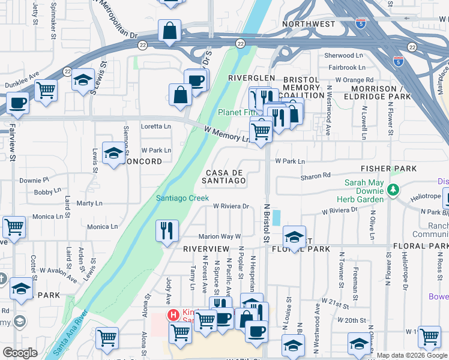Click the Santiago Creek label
[x=182, y=198]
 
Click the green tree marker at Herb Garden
[x=393, y=190]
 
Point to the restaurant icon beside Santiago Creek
[x=167, y=230]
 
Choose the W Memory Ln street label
[x=226, y=134]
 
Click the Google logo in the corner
[x=20, y=353]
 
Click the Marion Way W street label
[x=219, y=236]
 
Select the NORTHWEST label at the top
[x=308, y=24]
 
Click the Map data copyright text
[x=412, y=355]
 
